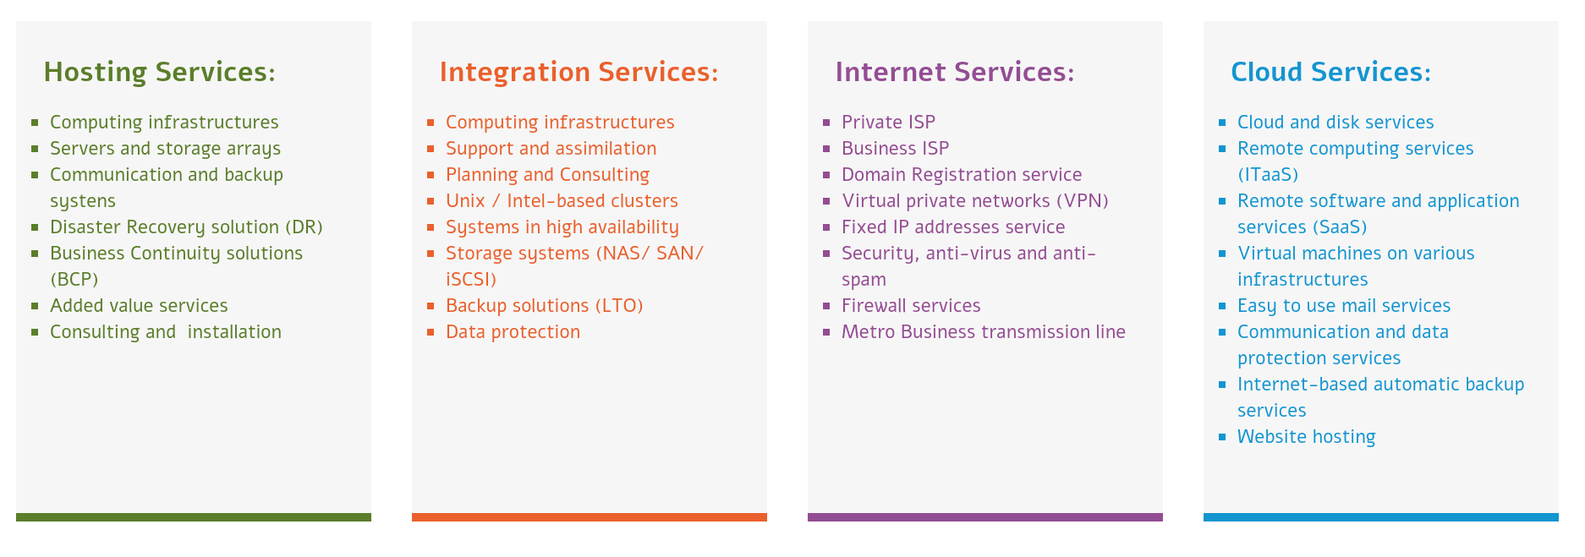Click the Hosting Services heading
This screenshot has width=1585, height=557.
[x=159, y=72]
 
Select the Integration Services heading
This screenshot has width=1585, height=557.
[x=579, y=73]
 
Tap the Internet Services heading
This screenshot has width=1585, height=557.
[x=955, y=72]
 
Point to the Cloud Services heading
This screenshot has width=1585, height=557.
[x=1331, y=72]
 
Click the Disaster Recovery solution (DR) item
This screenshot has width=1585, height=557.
[x=186, y=227]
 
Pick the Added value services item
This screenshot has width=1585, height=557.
[x=139, y=305]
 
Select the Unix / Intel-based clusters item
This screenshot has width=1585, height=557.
[x=562, y=201]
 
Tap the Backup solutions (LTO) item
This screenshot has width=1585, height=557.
[x=545, y=306]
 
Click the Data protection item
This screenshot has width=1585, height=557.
[x=513, y=332]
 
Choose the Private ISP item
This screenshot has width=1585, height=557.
[x=888, y=123]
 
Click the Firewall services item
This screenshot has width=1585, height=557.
[x=911, y=305]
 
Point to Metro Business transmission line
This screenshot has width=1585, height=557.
[x=984, y=331]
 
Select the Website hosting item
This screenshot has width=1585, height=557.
[x=1306, y=437]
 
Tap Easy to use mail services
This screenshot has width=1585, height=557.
[x=1344, y=306]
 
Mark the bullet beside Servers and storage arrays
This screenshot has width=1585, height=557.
[x=35, y=149]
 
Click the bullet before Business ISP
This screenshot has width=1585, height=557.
[x=826, y=149]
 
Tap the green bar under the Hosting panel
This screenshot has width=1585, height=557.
[x=194, y=517]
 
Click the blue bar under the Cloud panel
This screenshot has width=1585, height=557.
[x=1381, y=517]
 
